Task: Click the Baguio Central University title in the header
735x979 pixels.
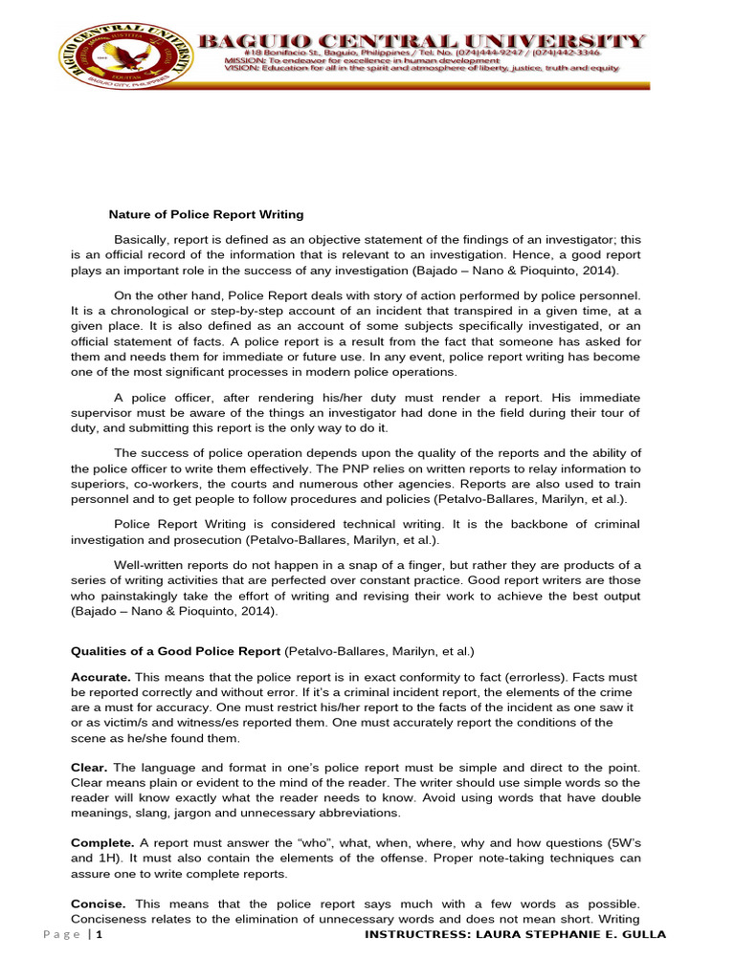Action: pyautogui.click(x=421, y=40)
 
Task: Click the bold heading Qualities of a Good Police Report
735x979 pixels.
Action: pyautogui.click(x=176, y=651)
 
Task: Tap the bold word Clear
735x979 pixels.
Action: pyautogui.click(x=90, y=768)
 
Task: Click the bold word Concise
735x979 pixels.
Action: pyautogui.click(x=100, y=903)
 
